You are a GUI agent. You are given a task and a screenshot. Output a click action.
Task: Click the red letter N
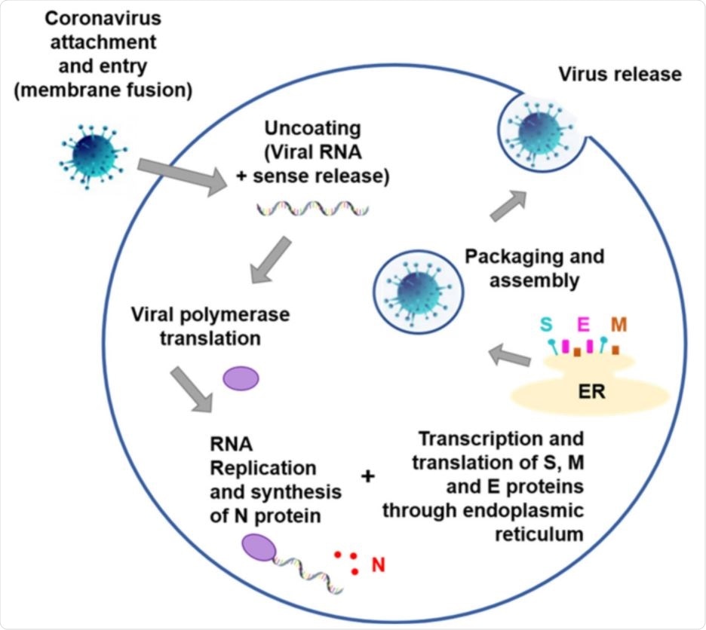[379, 563]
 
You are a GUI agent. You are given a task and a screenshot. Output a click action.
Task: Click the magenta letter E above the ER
[583, 324]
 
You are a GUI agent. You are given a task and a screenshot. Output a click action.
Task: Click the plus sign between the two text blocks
[367, 476]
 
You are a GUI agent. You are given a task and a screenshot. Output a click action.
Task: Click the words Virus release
[620, 75]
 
